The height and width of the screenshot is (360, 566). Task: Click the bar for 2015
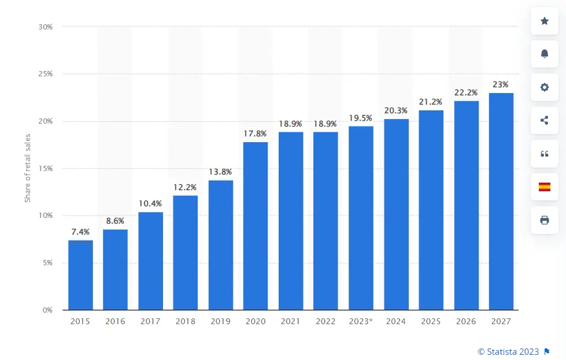point(80,275)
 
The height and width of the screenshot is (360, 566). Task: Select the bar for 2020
point(256,226)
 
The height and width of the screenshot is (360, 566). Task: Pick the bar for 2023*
point(361,218)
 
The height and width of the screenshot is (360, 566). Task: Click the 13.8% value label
point(221,172)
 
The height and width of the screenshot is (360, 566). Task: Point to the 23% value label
point(501,84)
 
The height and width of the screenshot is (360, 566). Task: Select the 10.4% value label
point(150,203)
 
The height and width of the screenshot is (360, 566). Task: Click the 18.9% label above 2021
point(291,124)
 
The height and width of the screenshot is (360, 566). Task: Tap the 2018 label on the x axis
point(186,321)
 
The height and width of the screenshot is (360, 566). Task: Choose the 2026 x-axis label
point(466,321)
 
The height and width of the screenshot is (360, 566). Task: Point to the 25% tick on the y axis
point(45,74)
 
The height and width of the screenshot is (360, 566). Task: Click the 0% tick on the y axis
point(47,310)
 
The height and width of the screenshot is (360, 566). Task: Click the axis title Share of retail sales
point(27,168)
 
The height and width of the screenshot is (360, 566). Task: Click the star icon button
point(544,21)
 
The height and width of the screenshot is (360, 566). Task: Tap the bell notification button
point(544,54)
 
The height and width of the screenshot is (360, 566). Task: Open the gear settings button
point(544,87)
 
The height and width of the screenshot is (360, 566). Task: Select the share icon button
point(544,120)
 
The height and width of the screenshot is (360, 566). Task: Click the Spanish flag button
point(544,187)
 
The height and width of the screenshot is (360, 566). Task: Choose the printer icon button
point(544,220)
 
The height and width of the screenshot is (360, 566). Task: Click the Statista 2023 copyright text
point(508,351)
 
